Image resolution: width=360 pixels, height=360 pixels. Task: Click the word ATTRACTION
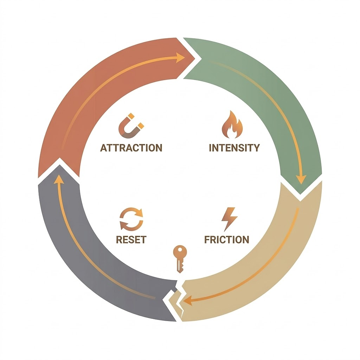[x=131, y=148]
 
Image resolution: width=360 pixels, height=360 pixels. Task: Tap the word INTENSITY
[x=234, y=148]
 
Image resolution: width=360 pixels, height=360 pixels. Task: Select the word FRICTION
[x=226, y=240]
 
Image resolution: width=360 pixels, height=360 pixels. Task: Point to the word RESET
[x=131, y=240]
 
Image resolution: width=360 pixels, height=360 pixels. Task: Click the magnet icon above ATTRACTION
[x=131, y=126]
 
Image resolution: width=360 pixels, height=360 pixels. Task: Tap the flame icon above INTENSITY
[x=232, y=125]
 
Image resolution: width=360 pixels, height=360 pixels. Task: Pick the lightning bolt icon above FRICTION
[x=229, y=219]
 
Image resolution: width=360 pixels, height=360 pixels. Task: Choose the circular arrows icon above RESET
[x=131, y=219]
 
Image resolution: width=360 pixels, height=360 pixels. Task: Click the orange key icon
[x=180, y=258]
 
